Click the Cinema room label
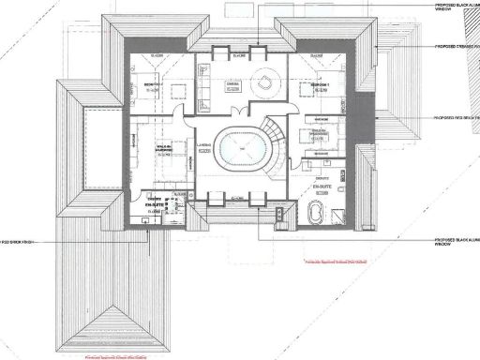[233, 83]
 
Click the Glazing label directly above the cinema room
[239, 54]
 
